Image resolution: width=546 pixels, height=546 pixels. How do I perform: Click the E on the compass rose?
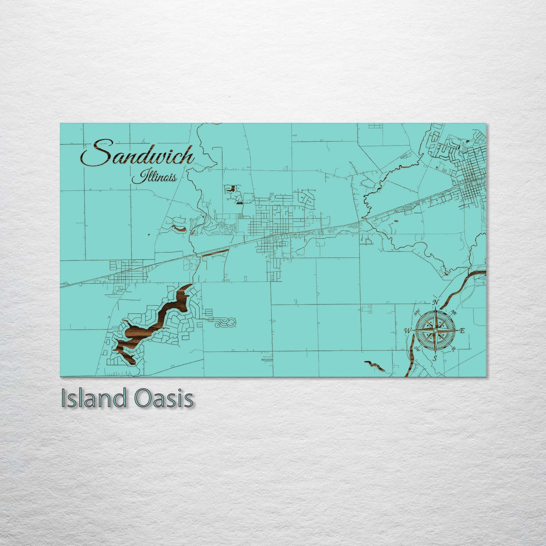tap(462, 331)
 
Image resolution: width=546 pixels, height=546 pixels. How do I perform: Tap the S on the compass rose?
tap(435, 358)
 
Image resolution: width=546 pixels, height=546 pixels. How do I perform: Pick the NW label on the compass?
tap(418, 312)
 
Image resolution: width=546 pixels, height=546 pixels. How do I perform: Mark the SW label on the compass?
tap(418, 348)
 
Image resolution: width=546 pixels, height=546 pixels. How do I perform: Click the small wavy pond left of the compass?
tap(374, 365)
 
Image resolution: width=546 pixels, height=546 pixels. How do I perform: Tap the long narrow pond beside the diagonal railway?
tap(214, 252)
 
